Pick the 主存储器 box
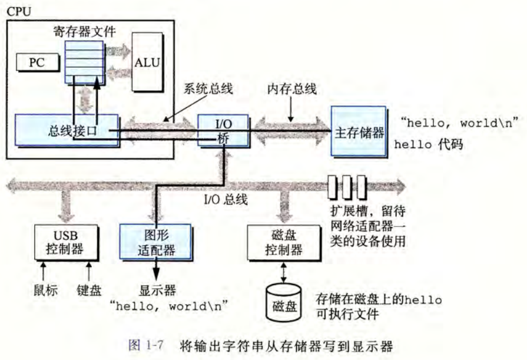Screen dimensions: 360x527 click(357, 131)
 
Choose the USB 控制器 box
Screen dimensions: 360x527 click(65, 241)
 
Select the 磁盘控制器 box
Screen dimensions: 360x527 click(284, 242)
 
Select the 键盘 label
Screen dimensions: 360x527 click(89, 290)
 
